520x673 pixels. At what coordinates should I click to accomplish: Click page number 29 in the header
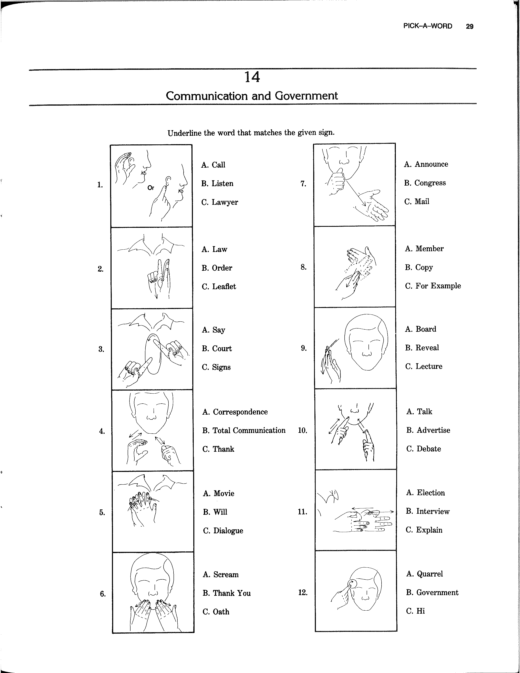469,27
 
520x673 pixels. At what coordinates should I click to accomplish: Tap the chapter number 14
252,77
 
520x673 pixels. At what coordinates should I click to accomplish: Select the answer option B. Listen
217,184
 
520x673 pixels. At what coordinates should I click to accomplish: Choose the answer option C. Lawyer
219,203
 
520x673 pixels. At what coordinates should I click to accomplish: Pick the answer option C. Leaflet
219,287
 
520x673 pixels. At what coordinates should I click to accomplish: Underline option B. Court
217,349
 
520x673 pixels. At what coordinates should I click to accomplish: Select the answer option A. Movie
218,493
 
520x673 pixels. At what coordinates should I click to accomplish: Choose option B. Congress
425,183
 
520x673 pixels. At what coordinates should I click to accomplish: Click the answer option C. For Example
433,286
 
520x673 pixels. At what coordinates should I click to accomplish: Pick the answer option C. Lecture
424,366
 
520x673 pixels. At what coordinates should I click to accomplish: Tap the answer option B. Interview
428,511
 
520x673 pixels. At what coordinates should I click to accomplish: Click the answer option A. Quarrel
425,574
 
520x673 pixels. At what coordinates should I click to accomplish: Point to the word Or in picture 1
151,188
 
